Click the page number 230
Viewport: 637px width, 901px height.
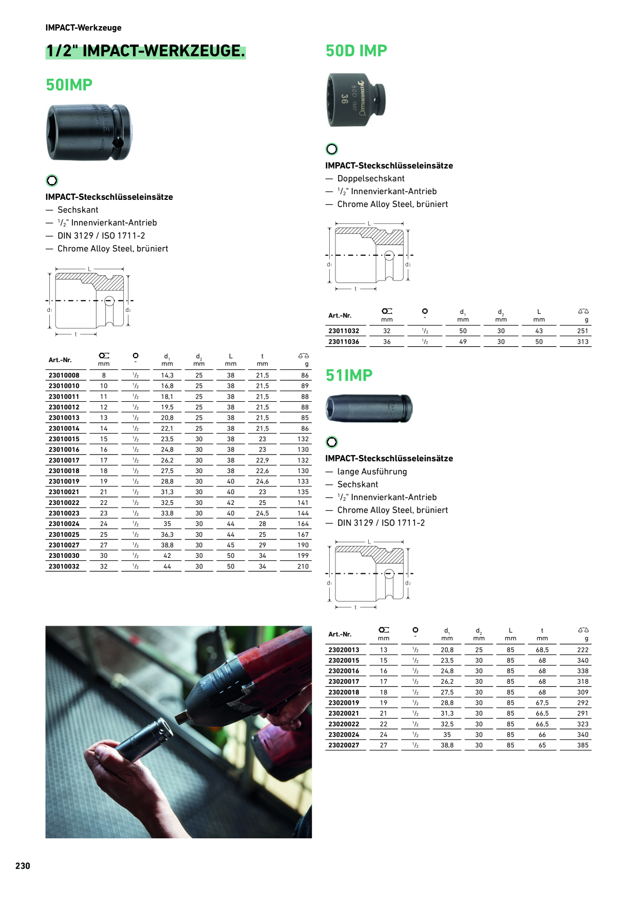[x=23, y=866]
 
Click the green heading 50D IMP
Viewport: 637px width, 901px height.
[x=357, y=51]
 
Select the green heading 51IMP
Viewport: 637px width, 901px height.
[x=349, y=376]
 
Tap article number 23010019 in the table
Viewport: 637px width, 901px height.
[x=64, y=481]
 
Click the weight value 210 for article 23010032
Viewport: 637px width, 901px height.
[x=303, y=567]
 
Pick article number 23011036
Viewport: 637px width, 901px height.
[x=344, y=342]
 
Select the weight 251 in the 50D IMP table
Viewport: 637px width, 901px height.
[x=583, y=331]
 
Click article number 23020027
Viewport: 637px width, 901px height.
[x=344, y=745]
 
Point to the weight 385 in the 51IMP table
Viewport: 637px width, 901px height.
[x=583, y=745]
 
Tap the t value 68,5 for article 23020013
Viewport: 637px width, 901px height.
[x=542, y=650]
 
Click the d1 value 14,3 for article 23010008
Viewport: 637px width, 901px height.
[x=167, y=376]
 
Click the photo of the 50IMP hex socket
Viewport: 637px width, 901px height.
[x=89, y=132]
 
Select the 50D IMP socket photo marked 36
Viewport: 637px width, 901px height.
[x=356, y=100]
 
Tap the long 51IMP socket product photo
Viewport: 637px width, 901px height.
[x=369, y=408]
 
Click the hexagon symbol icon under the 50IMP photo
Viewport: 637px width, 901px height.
[x=52, y=180]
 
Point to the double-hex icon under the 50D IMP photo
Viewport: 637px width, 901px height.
[x=332, y=149]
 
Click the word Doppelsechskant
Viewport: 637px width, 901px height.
[x=371, y=179]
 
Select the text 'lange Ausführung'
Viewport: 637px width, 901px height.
[x=372, y=472]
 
